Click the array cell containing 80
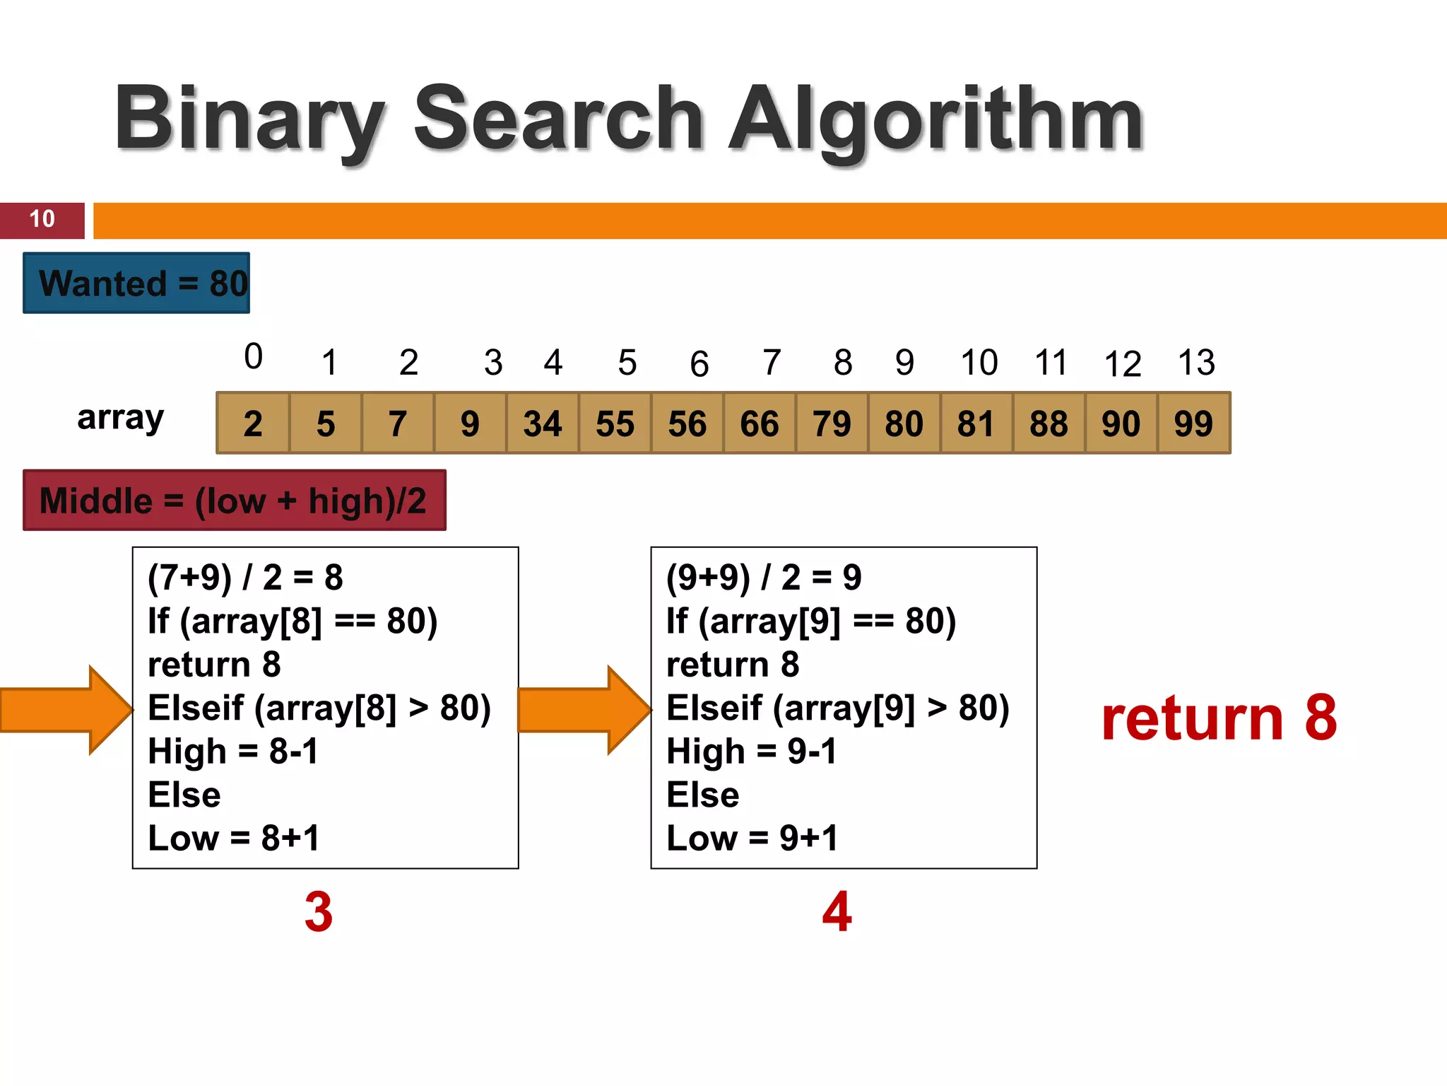[904, 424]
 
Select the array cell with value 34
[542, 424]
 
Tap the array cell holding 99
[1193, 424]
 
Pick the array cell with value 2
[253, 424]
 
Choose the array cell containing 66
[759, 424]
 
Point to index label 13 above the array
[1196, 363]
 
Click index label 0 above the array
[253, 356]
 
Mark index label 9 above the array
[904, 363]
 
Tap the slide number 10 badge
[42, 219]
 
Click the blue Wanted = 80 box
[136, 283]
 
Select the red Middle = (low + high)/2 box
[234, 501]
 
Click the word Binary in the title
[249, 119]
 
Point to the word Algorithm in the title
[936, 119]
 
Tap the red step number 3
[319, 911]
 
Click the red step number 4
[837, 911]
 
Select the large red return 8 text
[1219, 718]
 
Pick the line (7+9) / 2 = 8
[245, 577]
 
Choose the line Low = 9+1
[752, 838]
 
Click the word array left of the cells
[120, 419]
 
